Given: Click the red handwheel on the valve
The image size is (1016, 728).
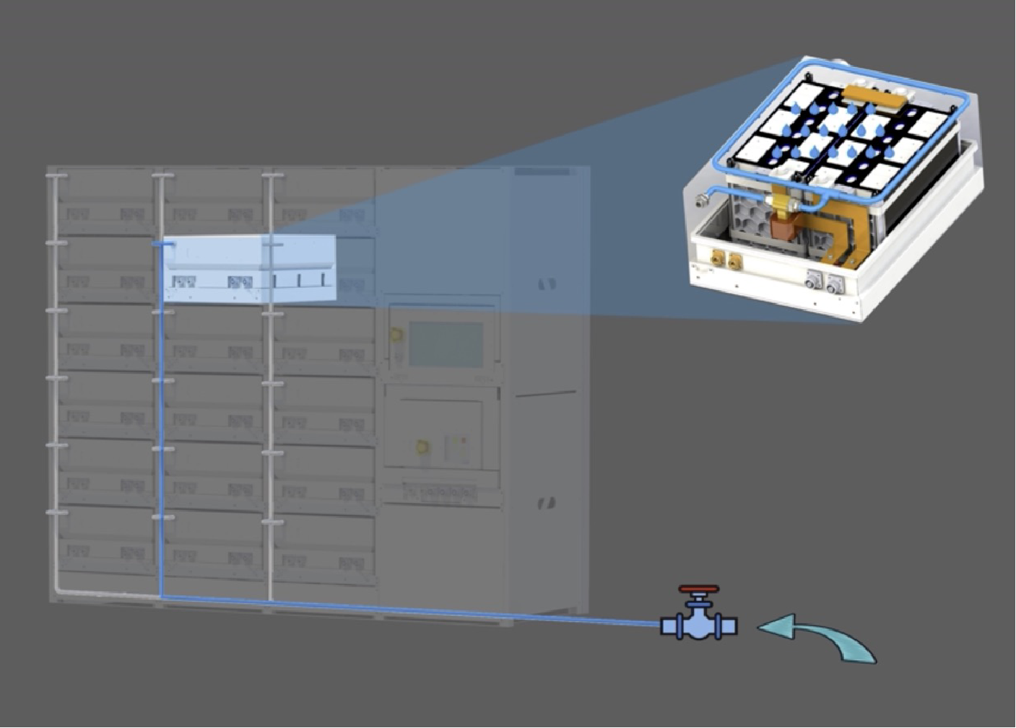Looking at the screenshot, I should (698, 589).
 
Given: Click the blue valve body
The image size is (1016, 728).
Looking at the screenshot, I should (698, 625).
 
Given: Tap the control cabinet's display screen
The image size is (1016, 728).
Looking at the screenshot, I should (446, 344).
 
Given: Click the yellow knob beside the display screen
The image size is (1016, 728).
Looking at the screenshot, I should (396, 335).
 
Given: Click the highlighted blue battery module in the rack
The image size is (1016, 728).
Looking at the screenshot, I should (249, 268).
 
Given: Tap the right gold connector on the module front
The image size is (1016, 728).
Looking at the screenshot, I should (735, 263).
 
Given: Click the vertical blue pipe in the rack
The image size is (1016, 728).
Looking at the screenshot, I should (160, 433).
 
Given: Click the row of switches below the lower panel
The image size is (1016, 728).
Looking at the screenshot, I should (440, 493).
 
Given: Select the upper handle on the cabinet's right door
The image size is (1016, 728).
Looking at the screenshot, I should (547, 284).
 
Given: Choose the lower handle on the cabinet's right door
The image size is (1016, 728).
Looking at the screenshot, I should (547, 503).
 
